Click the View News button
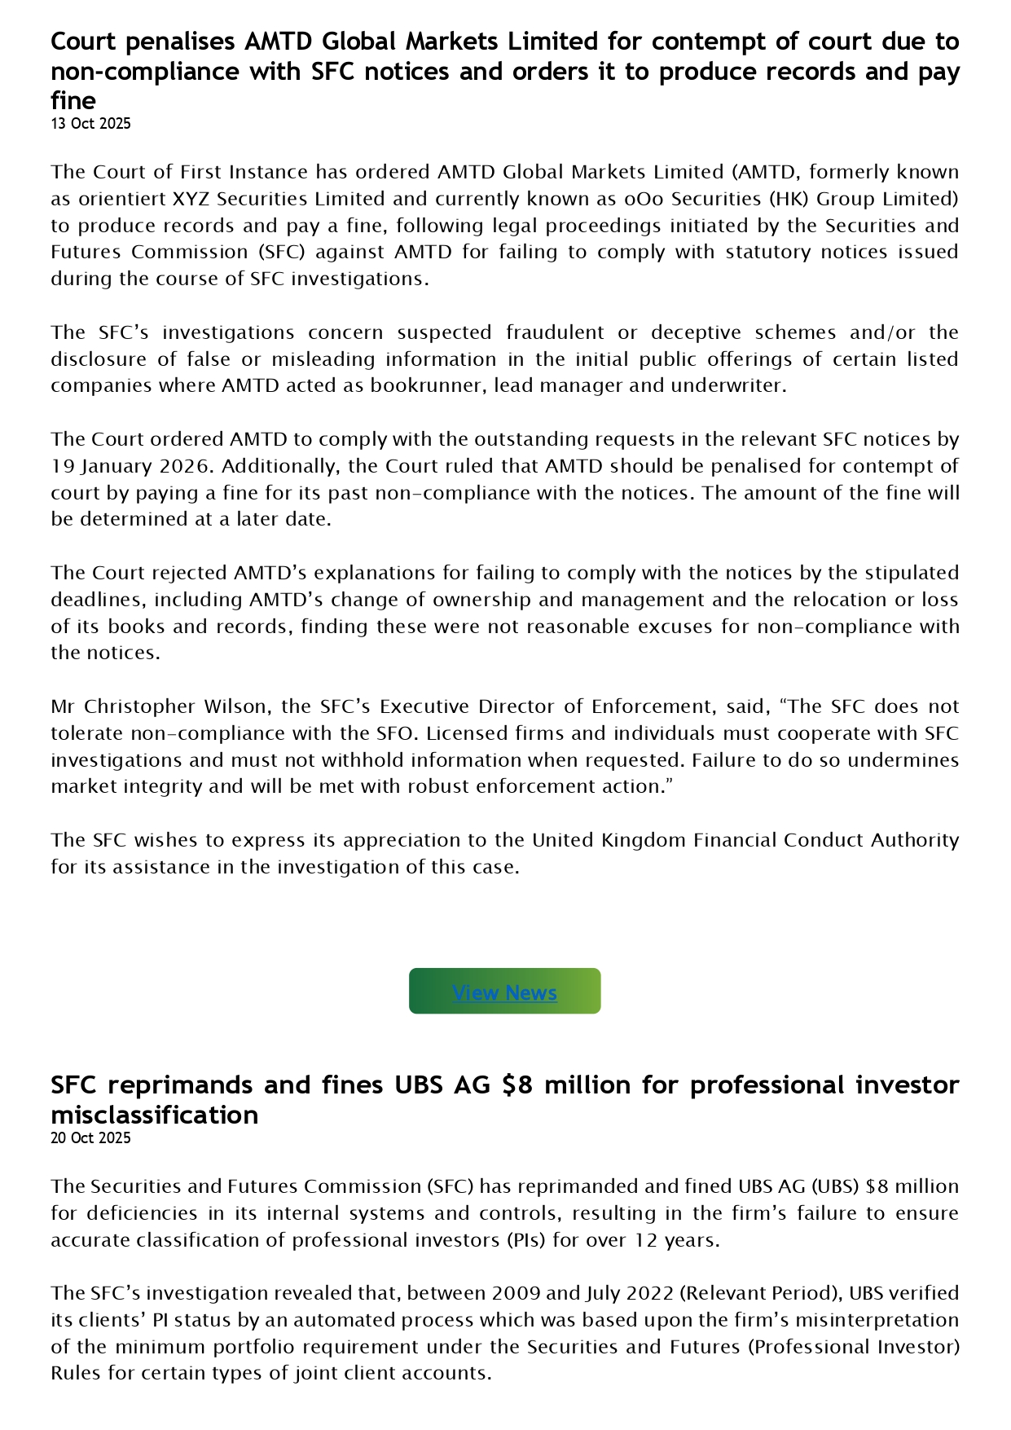point(504,992)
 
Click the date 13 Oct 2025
point(90,124)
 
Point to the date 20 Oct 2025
point(90,1137)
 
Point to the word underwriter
point(729,386)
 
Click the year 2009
point(516,1293)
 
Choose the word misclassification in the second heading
point(154,1115)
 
